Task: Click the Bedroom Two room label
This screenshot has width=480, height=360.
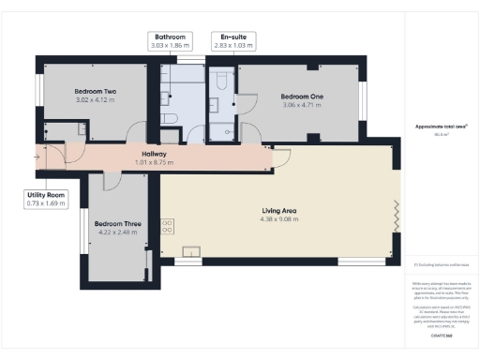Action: click(x=94, y=92)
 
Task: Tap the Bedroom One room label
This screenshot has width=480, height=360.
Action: click(x=302, y=97)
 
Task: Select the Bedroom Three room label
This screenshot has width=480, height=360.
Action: click(x=117, y=224)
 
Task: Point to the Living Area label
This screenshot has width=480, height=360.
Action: click(x=279, y=211)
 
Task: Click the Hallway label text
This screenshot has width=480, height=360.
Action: click(x=154, y=154)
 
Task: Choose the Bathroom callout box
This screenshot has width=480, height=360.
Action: click(x=170, y=40)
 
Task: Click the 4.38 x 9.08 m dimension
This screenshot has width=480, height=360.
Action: click(x=279, y=219)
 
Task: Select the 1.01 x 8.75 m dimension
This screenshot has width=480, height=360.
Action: click(x=154, y=162)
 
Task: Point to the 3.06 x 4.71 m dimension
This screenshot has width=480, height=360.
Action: click(x=302, y=105)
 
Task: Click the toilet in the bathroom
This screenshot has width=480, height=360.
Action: click(x=170, y=118)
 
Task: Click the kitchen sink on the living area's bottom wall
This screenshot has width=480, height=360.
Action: click(x=191, y=250)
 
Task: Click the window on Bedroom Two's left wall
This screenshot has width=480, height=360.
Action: click(x=39, y=95)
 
